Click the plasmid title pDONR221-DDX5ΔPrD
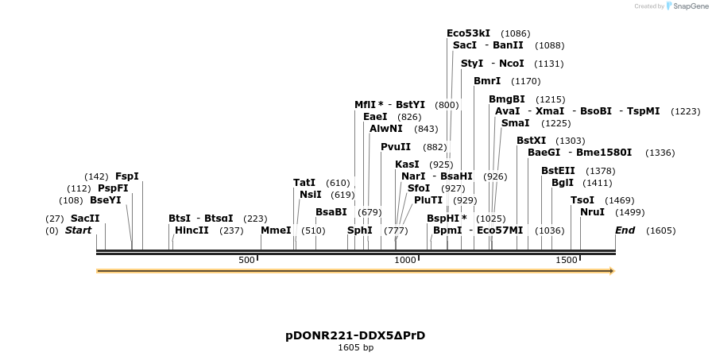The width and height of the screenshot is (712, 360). (x=355, y=335)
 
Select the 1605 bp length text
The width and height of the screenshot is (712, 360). (x=355, y=348)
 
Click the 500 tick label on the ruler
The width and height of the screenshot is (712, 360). (x=246, y=260)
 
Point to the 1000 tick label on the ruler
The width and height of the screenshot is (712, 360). (x=405, y=260)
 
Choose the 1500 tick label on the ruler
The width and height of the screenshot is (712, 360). (x=566, y=260)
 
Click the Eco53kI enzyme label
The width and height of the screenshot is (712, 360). (x=468, y=33)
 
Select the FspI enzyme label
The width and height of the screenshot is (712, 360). (x=127, y=176)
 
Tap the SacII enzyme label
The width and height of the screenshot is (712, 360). (x=85, y=218)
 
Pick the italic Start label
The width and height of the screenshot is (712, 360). (x=78, y=230)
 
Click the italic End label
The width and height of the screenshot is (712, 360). (x=625, y=230)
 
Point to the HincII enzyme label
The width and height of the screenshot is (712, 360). (x=192, y=230)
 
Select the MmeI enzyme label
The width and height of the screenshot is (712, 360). (x=276, y=230)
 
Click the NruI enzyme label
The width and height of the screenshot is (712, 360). (x=592, y=211)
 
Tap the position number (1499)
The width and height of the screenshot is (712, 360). (x=630, y=212)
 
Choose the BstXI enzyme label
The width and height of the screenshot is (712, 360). (x=531, y=141)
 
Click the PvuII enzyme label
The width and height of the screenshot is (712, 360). (x=396, y=146)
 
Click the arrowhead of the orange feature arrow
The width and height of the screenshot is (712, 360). (x=612, y=271)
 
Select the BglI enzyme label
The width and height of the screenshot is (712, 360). (x=562, y=182)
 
